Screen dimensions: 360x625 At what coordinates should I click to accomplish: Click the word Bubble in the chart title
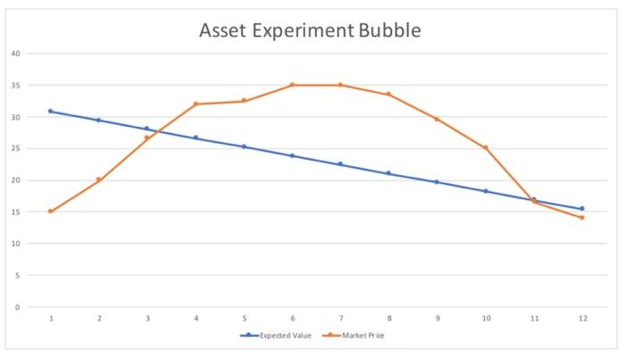pyautogui.click(x=389, y=30)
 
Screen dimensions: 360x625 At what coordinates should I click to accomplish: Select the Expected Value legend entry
pyautogui.click(x=285, y=336)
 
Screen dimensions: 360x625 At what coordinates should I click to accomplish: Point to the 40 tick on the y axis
pyautogui.click(x=16, y=54)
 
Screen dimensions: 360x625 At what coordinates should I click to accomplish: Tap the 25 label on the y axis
pyautogui.click(x=16, y=148)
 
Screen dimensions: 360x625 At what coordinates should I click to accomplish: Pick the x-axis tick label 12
pyautogui.click(x=582, y=318)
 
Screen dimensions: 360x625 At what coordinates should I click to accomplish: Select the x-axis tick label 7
pyautogui.click(x=340, y=318)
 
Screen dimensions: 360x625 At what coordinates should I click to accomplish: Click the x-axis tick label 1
pyautogui.click(x=51, y=318)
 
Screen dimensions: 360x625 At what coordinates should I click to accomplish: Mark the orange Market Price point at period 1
pyautogui.click(x=51, y=212)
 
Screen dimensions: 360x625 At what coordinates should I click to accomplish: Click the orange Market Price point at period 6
pyautogui.click(x=292, y=85)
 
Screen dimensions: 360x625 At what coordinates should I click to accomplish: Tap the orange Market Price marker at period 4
pyautogui.click(x=196, y=104)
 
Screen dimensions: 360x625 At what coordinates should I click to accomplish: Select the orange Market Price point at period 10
pyautogui.click(x=486, y=147)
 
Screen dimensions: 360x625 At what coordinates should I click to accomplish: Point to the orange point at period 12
pyautogui.click(x=582, y=218)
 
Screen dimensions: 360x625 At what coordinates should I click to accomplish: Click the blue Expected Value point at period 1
pyautogui.click(x=51, y=111)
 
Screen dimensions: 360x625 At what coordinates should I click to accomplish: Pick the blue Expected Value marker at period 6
pyautogui.click(x=292, y=155)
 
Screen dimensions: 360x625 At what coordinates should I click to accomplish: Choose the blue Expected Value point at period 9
pyautogui.click(x=437, y=182)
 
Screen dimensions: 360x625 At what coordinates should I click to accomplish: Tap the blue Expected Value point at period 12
pyautogui.click(x=582, y=209)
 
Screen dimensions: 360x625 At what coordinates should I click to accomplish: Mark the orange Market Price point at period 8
pyautogui.click(x=388, y=94)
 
